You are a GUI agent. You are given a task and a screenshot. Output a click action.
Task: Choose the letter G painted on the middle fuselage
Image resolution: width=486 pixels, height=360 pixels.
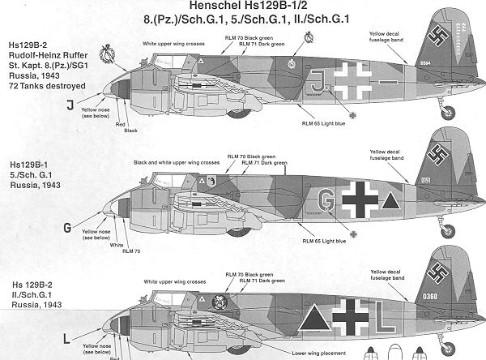pyautogui.click(x=326, y=199)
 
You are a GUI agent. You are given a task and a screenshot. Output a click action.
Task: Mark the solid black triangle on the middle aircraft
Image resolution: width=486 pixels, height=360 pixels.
pyautogui.click(x=390, y=199)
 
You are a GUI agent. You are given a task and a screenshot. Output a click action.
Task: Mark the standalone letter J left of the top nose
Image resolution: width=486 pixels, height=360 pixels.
pyautogui.click(x=70, y=103)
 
